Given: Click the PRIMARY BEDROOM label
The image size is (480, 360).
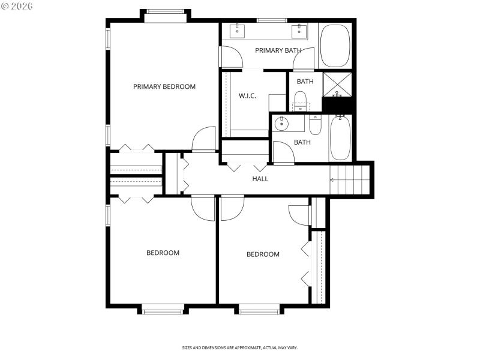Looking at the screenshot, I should (x=164, y=86).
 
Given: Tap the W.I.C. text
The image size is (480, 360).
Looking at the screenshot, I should (x=247, y=96).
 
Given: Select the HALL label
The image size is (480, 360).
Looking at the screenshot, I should (x=260, y=179).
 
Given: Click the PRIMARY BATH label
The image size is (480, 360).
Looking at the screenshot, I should (x=278, y=50).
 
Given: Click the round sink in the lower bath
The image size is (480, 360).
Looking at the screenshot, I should (x=281, y=124).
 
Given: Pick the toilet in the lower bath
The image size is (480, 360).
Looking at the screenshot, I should (x=316, y=125).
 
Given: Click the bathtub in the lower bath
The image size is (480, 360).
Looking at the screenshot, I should (x=340, y=137).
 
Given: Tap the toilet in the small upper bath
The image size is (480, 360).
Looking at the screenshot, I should (x=301, y=101).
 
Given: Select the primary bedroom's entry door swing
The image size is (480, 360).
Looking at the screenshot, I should (x=204, y=139).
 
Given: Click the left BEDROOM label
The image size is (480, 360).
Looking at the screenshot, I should (x=163, y=253).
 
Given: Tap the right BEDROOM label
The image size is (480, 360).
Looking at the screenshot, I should (x=263, y=254).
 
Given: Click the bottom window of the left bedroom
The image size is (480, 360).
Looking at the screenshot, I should (x=163, y=310).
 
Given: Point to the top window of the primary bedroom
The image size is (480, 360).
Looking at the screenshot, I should (x=166, y=12).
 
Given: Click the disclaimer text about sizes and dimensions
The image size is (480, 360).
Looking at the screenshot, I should (x=240, y=347).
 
